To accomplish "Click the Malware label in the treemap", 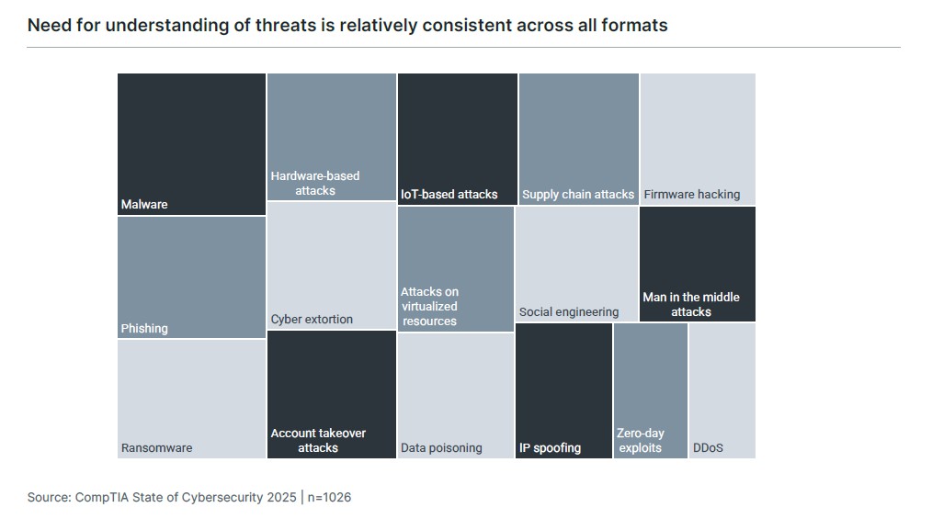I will click(x=144, y=204).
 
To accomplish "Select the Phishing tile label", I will click(x=144, y=328).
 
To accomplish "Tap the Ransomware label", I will click(x=156, y=447).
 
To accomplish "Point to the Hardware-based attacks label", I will click(x=315, y=183).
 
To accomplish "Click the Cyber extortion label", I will click(x=312, y=319).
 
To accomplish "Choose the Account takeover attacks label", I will click(x=318, y=440).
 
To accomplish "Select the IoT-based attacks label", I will click(x=449, y=194).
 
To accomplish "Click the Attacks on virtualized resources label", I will click(x=429, y=306).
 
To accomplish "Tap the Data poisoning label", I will click(x=441, y=447).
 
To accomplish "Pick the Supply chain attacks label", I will click(x=578, y=194).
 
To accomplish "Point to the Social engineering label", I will click(x=569, y=311).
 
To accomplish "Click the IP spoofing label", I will click(x=550, y=447).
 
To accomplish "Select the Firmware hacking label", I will click(x=691, y=194).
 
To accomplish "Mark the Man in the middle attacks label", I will click(x=691, y=304).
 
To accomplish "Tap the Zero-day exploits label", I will click(x=641, y=440).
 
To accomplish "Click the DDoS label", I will click(x=708, y=447).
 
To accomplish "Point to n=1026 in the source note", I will click(x=328, y=497).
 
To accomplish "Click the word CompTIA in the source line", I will click(x=101, y=497).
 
